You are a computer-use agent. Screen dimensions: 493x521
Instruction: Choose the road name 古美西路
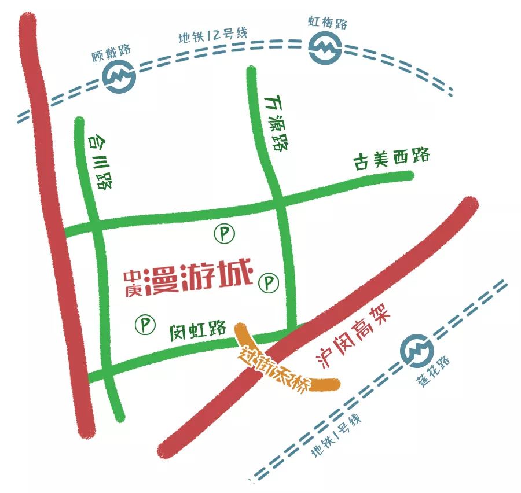pos(392,158)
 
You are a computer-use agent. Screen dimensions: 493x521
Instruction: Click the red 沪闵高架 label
pos(355,339)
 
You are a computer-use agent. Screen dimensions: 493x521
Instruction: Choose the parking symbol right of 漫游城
pos(269,283)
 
